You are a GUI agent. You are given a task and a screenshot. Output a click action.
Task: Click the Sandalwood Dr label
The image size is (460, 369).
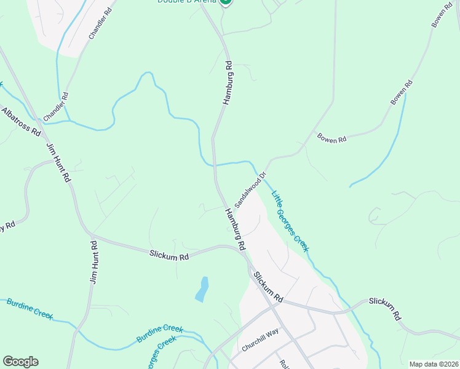[251, 189]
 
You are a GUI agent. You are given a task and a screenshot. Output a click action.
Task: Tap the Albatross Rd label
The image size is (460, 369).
[20, 121]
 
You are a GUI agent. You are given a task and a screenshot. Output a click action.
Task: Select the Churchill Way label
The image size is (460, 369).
[260, 339]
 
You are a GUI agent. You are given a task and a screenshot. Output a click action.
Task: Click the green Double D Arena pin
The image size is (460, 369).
[226, 2]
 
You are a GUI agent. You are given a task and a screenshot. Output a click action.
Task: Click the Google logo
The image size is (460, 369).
[20, 362]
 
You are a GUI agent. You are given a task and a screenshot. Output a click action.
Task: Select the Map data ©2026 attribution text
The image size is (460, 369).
[434, 364]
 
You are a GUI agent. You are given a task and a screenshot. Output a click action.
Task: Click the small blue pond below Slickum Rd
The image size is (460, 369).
[202, 289]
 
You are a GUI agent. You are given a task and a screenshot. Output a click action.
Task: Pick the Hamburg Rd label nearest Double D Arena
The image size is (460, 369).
[228, 82]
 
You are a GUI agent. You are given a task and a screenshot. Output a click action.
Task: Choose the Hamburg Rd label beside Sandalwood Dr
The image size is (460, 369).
[234, 228]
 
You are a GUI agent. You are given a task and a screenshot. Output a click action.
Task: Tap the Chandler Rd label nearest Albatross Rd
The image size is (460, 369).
[55, 106]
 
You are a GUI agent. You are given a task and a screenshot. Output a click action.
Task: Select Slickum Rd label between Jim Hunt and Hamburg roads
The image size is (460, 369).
[169, 255]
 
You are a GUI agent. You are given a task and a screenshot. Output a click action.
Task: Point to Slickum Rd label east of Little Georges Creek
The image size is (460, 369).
[385, 308]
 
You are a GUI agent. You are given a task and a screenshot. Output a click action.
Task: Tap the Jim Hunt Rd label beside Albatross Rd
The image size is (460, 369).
[59, 162]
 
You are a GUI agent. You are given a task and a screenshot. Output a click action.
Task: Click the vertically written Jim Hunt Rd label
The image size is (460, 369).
[94, 262]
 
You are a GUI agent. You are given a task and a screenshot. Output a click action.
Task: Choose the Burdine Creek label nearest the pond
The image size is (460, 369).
[159, 334]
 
